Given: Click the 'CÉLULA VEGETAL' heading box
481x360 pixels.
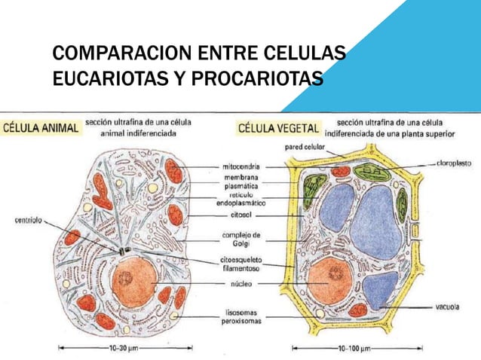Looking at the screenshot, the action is click(x=279, y=128).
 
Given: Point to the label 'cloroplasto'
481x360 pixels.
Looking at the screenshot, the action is click(x=455, y=162).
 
